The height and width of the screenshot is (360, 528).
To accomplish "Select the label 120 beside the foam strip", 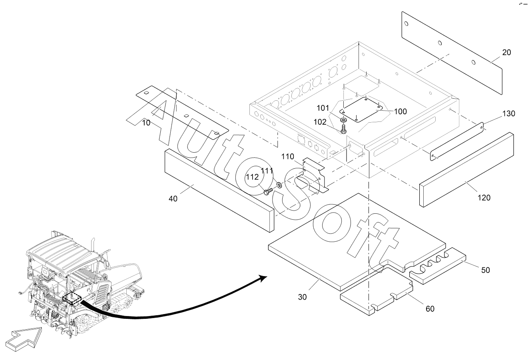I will (x=484, y=197).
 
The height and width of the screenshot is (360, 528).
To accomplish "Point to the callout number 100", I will (x=400, y=111).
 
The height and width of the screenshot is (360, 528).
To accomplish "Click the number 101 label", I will (x=323, y=108).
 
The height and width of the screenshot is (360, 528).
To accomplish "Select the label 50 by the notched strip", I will (x=485, y=270).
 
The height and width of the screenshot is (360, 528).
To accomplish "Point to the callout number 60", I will (x=430, y=308).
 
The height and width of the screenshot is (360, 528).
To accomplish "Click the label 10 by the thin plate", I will (x=146, y=123).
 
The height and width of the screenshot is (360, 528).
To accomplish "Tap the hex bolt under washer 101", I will (x=343, y=129).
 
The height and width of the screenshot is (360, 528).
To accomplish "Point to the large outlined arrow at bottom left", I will (x=23, y=339).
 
